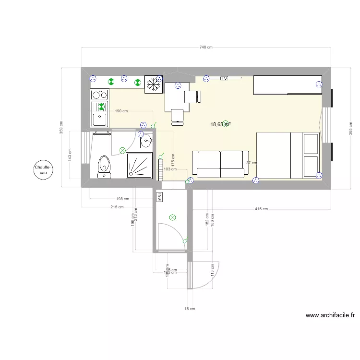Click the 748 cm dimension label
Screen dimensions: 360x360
click(x=205, y=47)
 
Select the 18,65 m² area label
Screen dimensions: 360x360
click(x=220, y=124)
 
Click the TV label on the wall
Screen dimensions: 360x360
click(x=224, y=78)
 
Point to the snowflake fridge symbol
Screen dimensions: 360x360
click(x=153, y=85)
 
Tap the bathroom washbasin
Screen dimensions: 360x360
click(x=146, y=141)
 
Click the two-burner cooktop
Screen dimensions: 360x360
click(x=100, y=95)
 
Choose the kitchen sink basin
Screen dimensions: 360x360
click(x=101, y=118)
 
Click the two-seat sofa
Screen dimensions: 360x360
click(x=218, y=163)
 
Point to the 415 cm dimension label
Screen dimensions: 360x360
click(x=261, y=209)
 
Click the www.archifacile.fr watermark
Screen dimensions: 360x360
click(x=330, y=315)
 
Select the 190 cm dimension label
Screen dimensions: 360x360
click(x=121, y=111)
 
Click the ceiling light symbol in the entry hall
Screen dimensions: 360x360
click(x=172, y=217)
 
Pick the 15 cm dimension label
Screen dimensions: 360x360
click(x=190, y=309)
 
